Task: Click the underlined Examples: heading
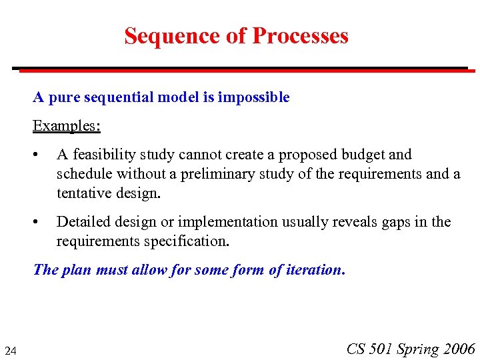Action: point(67,125)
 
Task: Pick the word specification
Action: point(186,241)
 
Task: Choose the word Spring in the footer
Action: point(418,349)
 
